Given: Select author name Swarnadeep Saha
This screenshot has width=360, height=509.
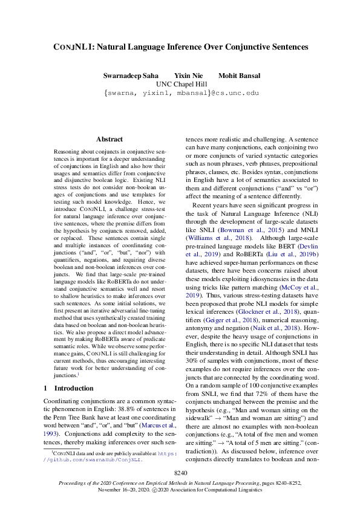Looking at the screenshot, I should (130, 76).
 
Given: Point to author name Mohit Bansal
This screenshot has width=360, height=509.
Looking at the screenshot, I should (240, 76).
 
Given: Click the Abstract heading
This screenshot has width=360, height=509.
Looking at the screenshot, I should (110, 139).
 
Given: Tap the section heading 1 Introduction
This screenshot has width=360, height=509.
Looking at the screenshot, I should (68, 388).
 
